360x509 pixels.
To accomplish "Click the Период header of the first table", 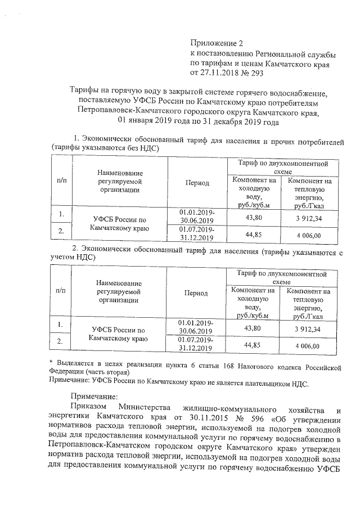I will coord(196,183).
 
